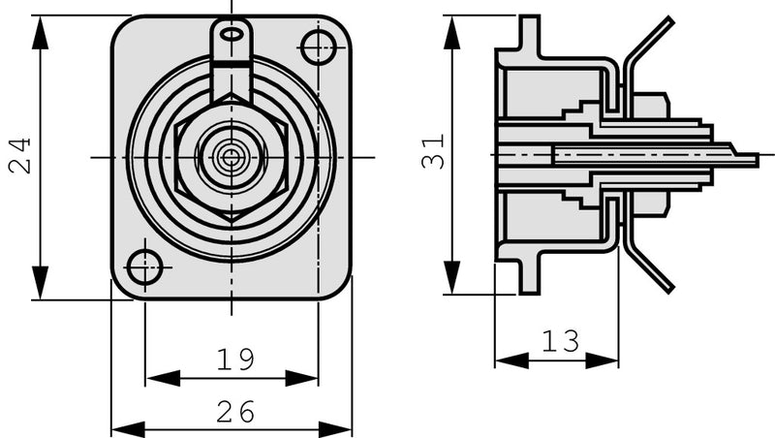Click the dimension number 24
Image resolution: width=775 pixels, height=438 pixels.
[19, 155]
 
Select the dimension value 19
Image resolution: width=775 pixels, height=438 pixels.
[234, 360]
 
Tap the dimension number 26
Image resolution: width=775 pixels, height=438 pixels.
[234, 413]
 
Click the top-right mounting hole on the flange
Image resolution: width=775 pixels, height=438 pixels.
[317, 46]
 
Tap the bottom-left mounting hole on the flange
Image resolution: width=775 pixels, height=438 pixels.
[144, 266]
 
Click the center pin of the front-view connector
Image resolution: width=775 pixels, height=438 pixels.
[231, 156]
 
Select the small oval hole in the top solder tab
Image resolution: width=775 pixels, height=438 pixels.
[232, 34]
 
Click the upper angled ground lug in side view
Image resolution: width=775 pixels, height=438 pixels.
[649, 44]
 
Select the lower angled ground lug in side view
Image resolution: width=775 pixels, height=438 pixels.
[649, 266]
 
